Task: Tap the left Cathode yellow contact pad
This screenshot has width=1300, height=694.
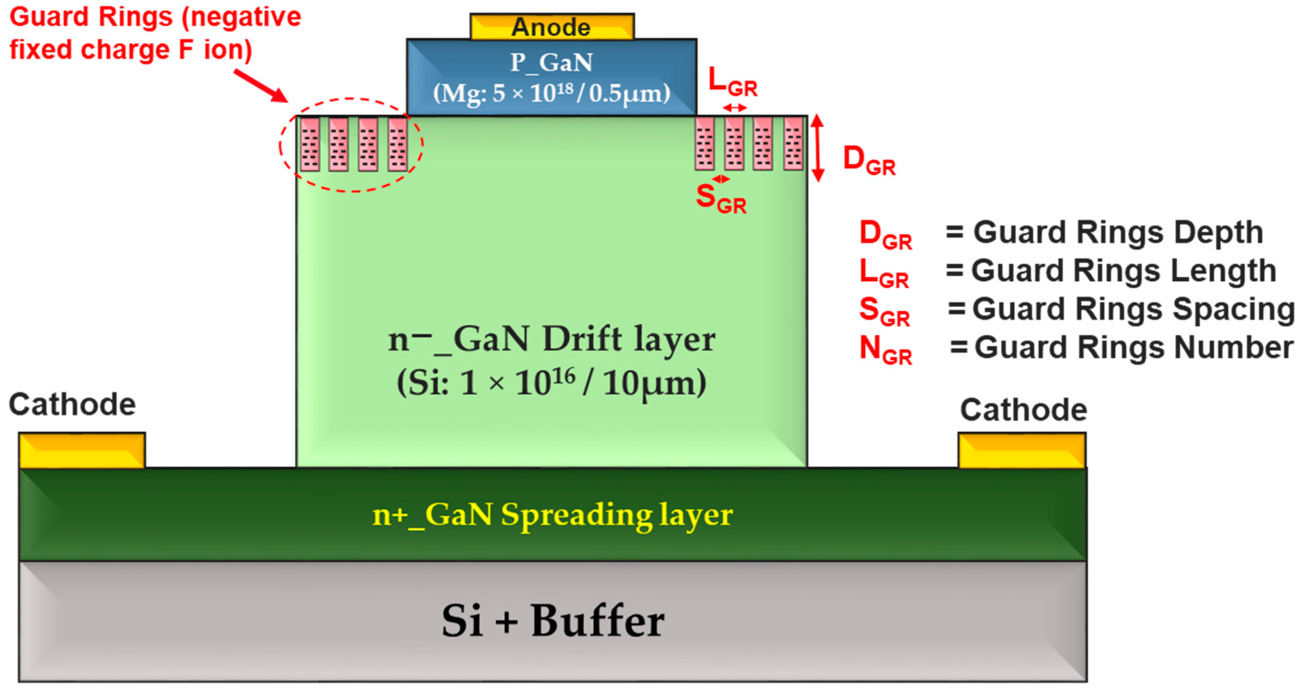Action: coord(82,450)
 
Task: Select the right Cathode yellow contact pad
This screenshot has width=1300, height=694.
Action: coord(1021,450)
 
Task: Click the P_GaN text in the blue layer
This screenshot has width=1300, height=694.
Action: coord(552,62)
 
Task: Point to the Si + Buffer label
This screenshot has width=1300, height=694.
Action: coord(552,621)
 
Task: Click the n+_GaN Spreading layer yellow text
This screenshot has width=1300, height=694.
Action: coord(552,515)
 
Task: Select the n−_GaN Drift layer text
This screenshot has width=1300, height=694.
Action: coord(552,339)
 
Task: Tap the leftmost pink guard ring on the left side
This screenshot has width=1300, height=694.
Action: coord(310,144)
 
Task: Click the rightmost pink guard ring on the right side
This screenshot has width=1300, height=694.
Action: coord(793,144)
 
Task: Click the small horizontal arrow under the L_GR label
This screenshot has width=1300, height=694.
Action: coord(734,107)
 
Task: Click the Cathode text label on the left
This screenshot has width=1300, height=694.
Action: coord(72,405)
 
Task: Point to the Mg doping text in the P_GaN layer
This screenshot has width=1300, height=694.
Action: coord(552,93)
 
